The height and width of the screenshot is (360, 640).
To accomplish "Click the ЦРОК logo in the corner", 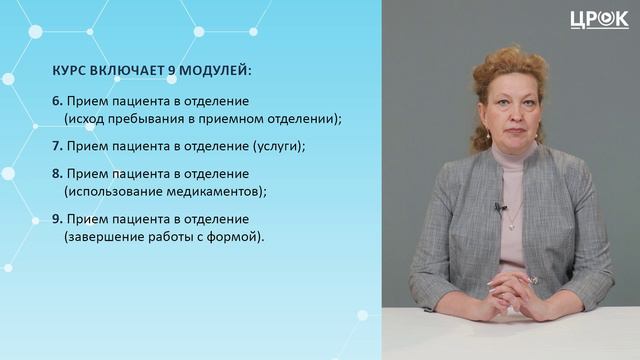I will pos(599,19).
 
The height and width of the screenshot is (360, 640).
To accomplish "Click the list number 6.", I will pos(57,102).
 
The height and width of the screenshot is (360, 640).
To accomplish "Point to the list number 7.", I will pos(57,146).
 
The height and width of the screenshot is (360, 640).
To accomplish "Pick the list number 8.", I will pos(57,174).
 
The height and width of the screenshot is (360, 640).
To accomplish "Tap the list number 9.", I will pos(57,218).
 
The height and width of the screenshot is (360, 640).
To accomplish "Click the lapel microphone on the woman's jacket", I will pos(500,207).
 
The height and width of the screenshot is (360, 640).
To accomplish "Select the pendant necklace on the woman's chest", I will pos(513,222).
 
